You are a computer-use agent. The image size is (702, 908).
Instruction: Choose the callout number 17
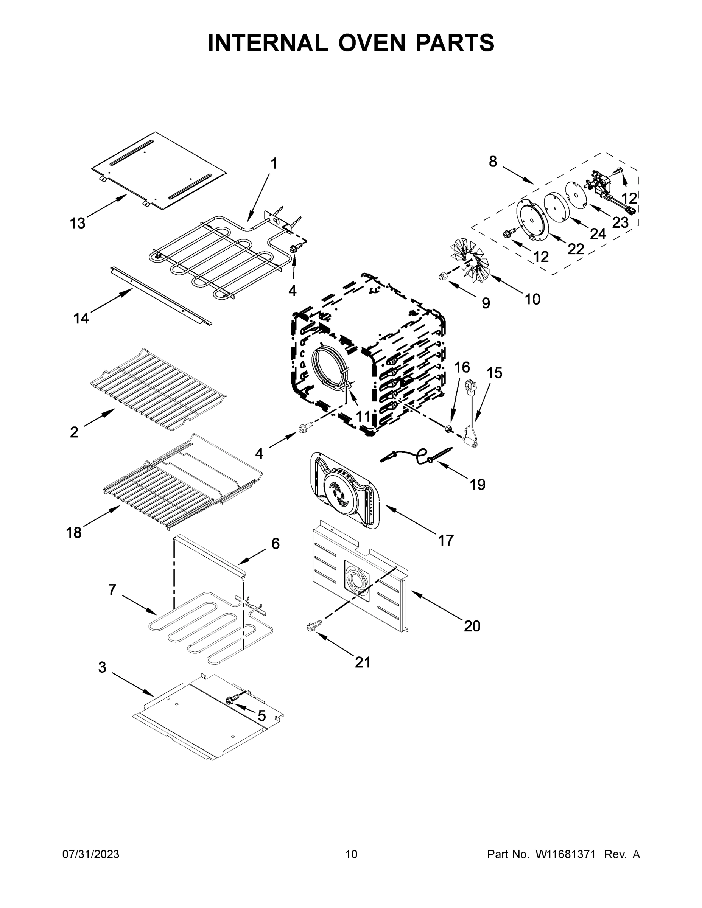445,541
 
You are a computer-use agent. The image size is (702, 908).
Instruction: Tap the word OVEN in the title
371,43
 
